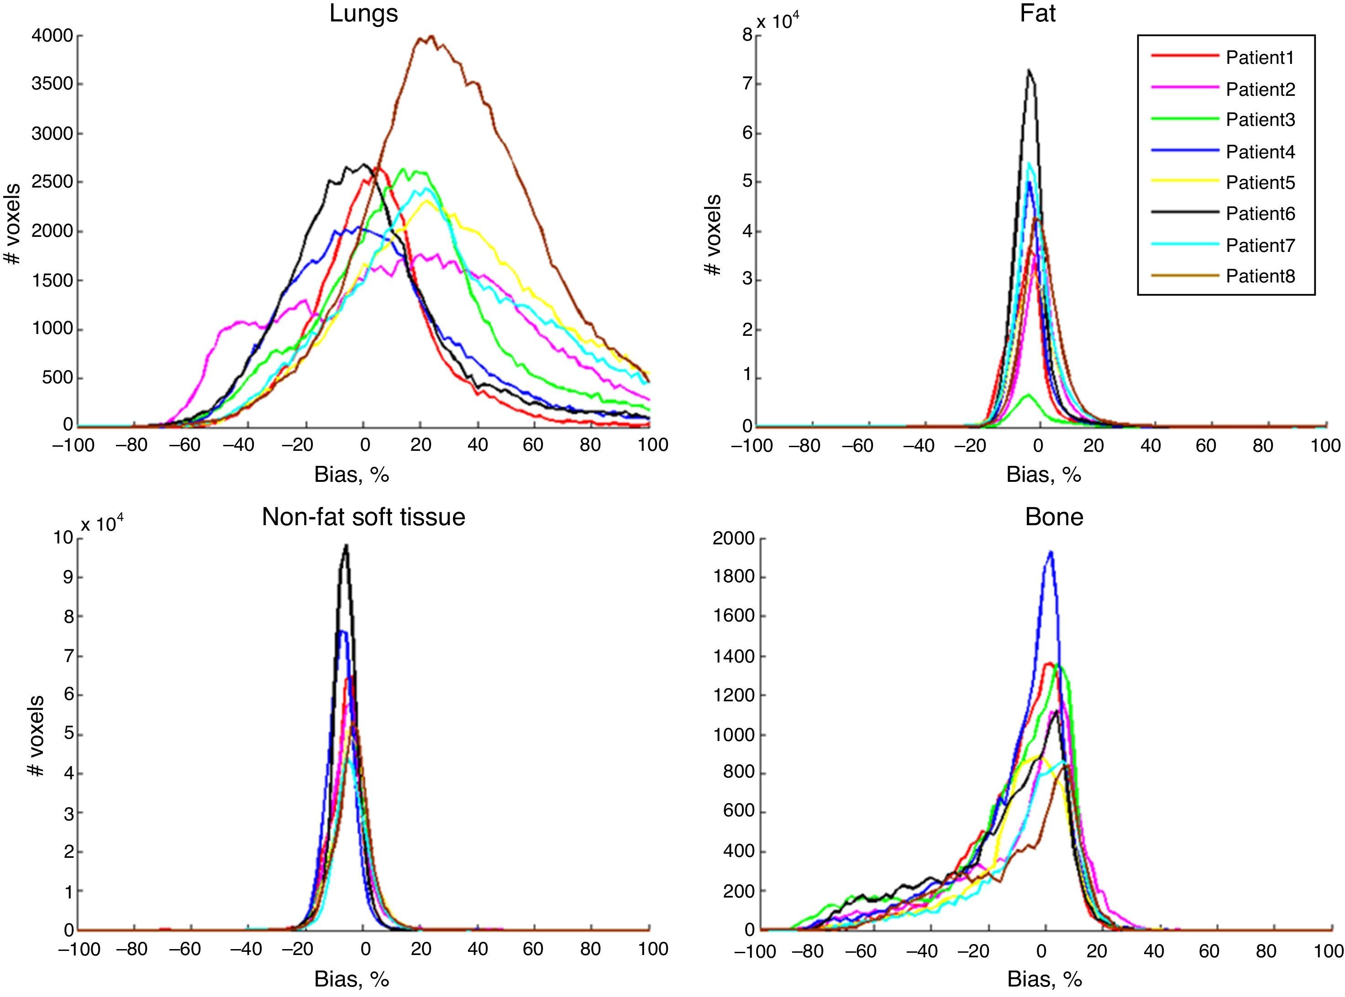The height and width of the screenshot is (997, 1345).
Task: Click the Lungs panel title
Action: [363, 13]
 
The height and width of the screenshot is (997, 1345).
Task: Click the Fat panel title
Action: [1037, 13]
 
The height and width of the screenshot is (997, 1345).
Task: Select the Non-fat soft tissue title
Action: [363, 517]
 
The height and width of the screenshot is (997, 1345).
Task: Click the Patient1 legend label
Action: [1260, 58]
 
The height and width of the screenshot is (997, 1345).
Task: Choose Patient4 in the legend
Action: [1260, 151]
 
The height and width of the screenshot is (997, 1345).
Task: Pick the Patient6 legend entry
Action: [1260, 214]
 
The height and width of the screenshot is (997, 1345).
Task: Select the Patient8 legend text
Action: [1260, 277]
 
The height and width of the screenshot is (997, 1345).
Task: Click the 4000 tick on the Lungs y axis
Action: [52, 36]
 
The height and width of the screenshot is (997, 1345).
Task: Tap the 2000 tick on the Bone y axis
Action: [734, 538]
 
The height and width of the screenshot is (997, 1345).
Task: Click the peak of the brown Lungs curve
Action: [431, 37]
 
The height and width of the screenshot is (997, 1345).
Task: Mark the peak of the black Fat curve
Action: [1029, 71]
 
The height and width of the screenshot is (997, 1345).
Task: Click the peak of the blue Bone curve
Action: [1051, 552]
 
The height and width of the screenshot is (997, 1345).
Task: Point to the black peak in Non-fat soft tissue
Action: [346, 546]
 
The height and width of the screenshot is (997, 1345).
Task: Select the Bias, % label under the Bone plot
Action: [1043, 979]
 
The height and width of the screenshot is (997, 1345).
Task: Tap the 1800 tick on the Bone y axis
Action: [734, 577]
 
